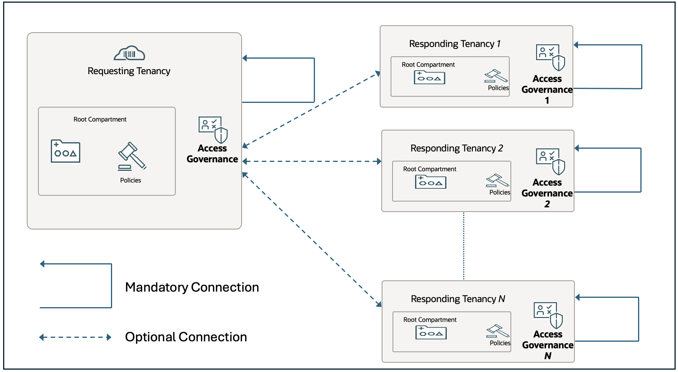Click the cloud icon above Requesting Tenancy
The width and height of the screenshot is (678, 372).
click(x=130, y=54)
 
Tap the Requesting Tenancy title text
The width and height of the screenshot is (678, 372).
click(x=129, y=71)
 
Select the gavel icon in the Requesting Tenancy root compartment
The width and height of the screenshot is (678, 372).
click(x=132, y=156)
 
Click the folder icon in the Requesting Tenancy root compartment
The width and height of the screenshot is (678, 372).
click(x=66, y=151)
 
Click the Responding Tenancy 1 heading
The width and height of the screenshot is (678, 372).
click(x=455, y=44)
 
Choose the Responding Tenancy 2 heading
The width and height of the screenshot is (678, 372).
click(x=457, y=148)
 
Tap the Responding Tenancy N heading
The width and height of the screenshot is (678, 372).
click(x=458, y=299)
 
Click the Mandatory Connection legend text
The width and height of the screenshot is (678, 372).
click(x=192, y=287)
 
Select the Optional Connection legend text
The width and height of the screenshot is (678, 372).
click(x=186, y=337)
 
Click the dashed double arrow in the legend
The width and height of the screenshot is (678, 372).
click(x=75, y=337)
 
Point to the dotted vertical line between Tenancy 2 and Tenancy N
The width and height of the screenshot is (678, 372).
click(x=464, y=246)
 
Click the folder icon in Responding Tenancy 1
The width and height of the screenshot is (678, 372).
click(x=429, y=78)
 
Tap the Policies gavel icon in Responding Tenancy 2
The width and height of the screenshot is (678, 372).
click(x=497, y=181)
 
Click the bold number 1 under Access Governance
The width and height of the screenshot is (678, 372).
click(x=547, y=101)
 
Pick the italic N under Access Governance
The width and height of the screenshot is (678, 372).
click(x=548, y=356)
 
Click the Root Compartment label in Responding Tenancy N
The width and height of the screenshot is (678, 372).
click(x=430, y=320)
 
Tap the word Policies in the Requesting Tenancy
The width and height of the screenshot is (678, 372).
click(x=130, y=181)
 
